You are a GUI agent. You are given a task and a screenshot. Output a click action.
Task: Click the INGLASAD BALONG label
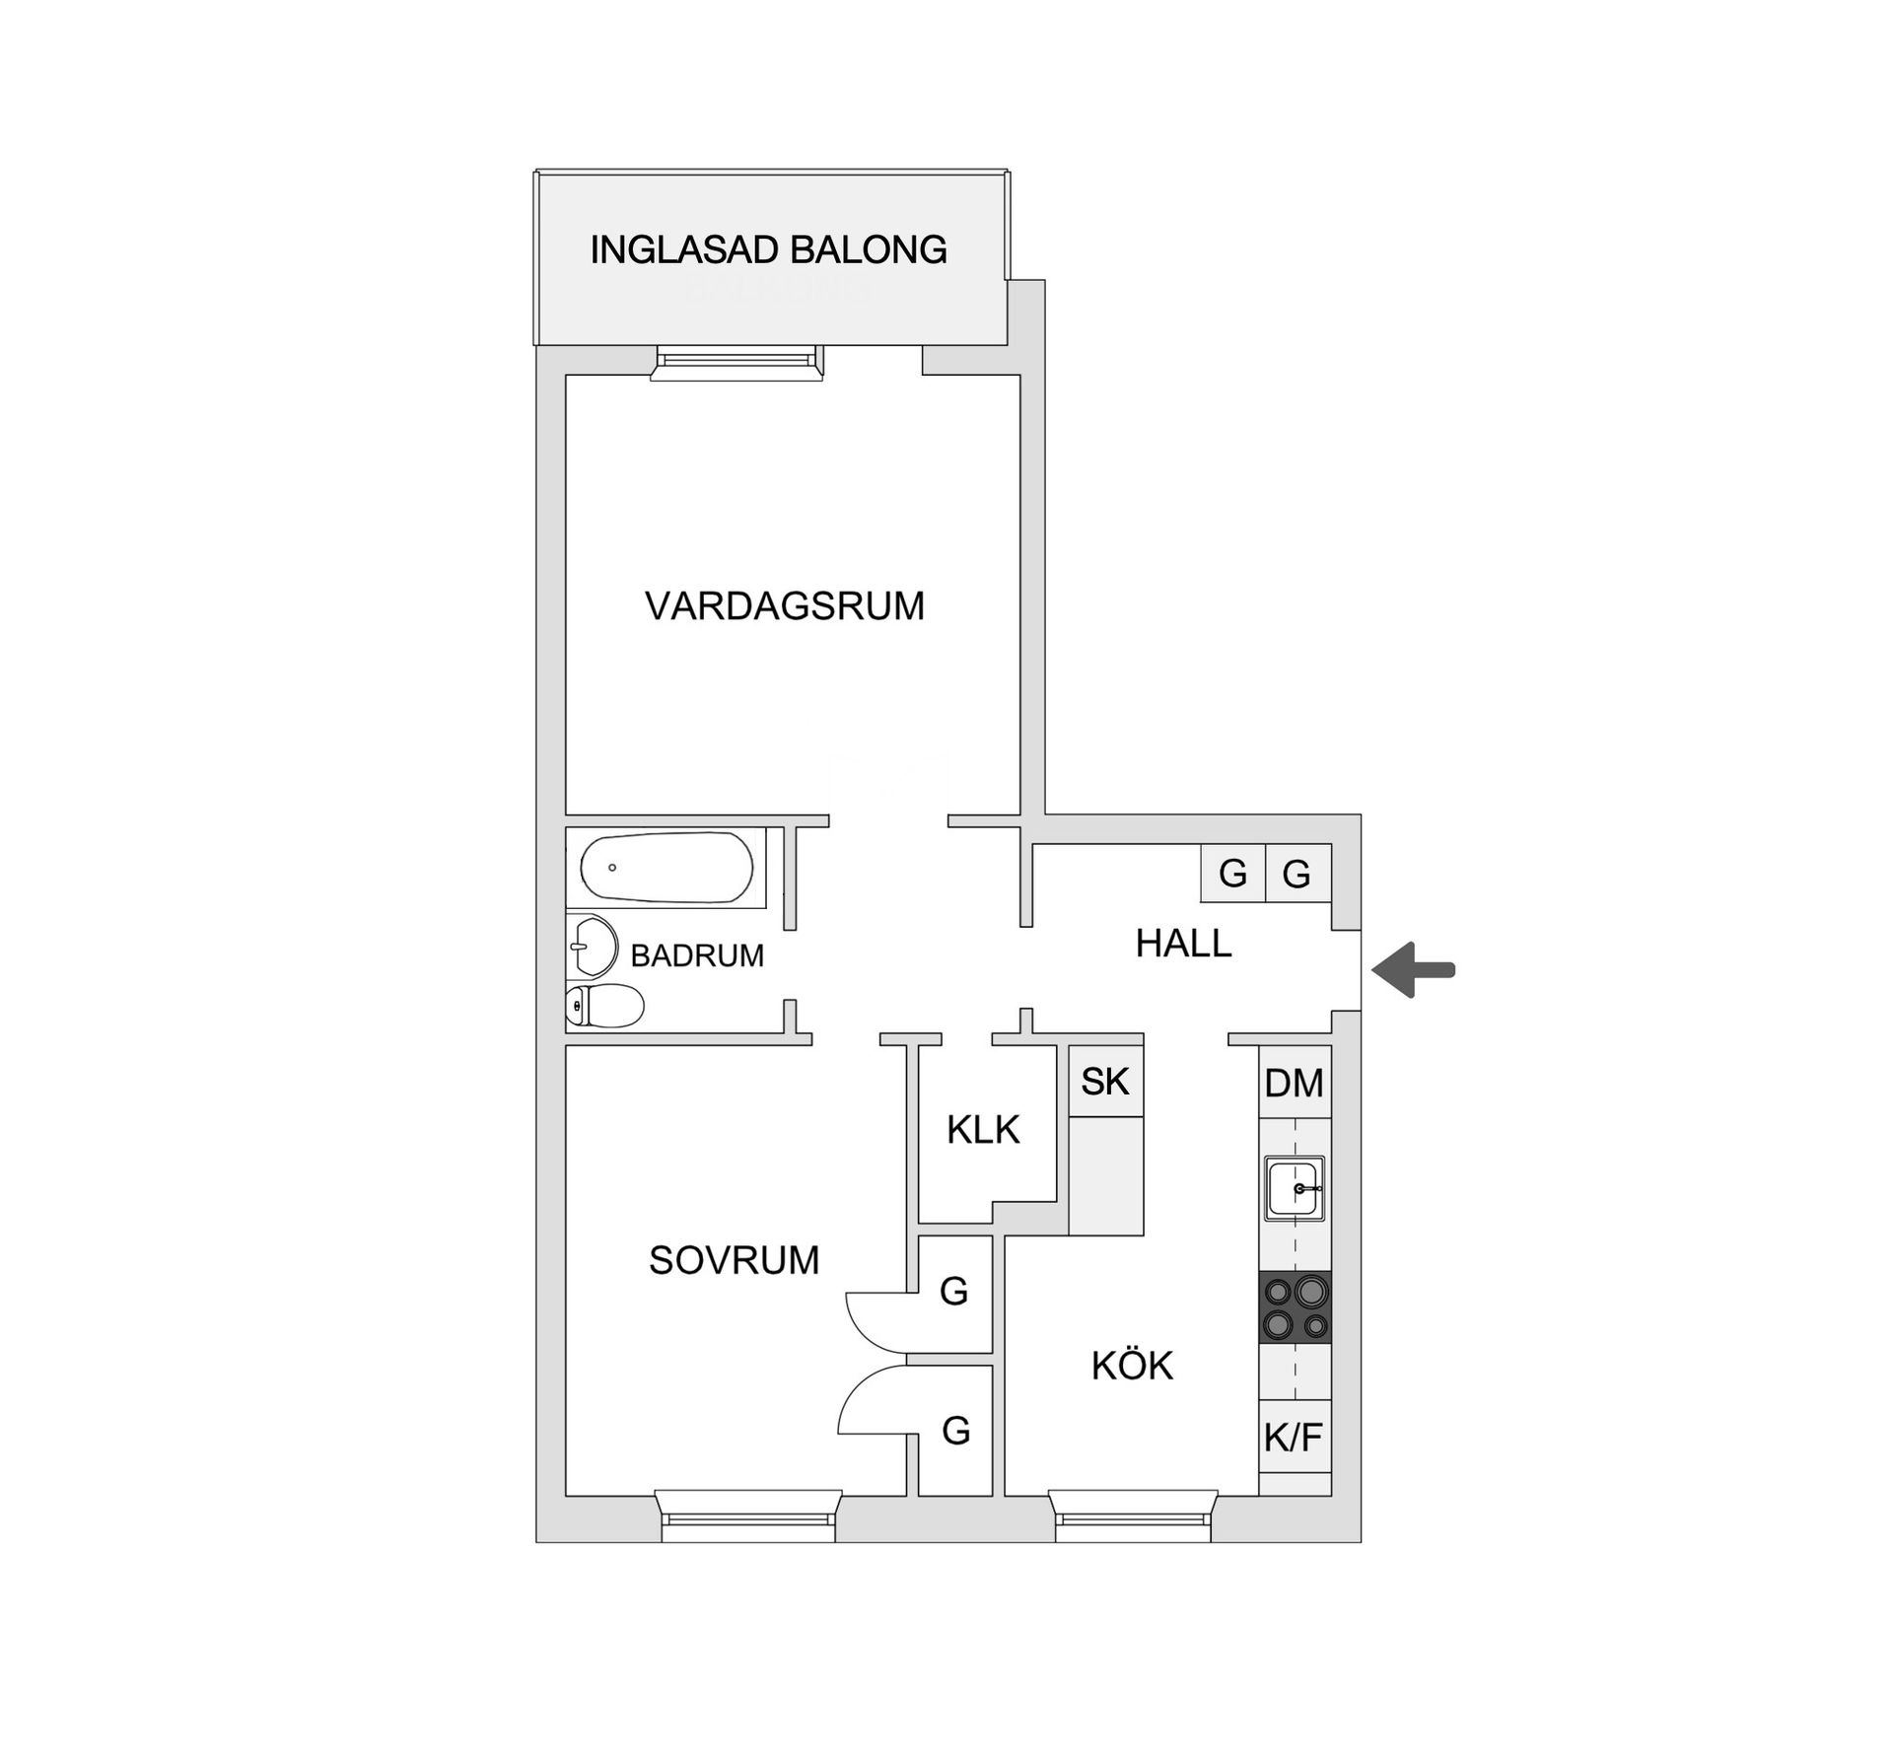point(768,249)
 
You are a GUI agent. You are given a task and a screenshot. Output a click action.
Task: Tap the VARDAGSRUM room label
point(785,605)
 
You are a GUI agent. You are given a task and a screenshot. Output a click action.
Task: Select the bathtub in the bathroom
point(666,868)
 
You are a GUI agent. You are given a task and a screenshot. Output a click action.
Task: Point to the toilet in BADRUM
point(604,1005)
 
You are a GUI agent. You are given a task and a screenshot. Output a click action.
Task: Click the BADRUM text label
point(697,955)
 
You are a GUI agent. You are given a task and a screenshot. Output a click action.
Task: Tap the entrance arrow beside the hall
point(1414,970)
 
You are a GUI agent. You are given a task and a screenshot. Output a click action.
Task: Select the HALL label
point(1183,944)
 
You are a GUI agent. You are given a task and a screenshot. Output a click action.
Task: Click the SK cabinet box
point(1105,1082)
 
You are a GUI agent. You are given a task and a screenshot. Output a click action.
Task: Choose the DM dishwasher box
point(1295,1083)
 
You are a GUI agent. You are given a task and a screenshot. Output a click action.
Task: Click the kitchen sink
point(1295,1188)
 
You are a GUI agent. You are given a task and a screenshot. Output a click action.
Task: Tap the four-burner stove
point(1295,1306)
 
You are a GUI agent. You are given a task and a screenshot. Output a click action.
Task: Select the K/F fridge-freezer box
point(1295,1438)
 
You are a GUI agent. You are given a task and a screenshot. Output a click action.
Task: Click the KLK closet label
point(983,1130)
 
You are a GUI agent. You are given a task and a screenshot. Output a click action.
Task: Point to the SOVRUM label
point(734,1260)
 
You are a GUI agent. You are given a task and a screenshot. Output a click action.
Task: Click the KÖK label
point(1132,1366)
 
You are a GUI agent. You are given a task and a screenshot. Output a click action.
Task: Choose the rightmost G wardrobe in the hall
point(1297,874)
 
